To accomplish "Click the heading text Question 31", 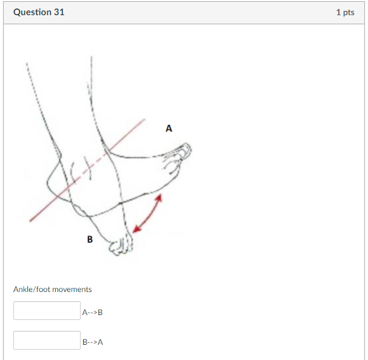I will (x=39, y=12).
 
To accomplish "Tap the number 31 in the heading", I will (x=58, y=12).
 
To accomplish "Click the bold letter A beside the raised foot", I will (x=169, y=128).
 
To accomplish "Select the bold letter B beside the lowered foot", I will (x=90, y=239).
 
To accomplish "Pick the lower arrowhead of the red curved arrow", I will (x=136, y=230).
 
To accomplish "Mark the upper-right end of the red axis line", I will (x=144, y=120).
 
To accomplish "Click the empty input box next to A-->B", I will (x=47, y=311).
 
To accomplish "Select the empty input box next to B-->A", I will (x=47, y=340).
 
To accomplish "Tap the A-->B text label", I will (x=92, y=313).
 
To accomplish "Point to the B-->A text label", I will (x=92, y=342).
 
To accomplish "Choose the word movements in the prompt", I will (x=72, y=289).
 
